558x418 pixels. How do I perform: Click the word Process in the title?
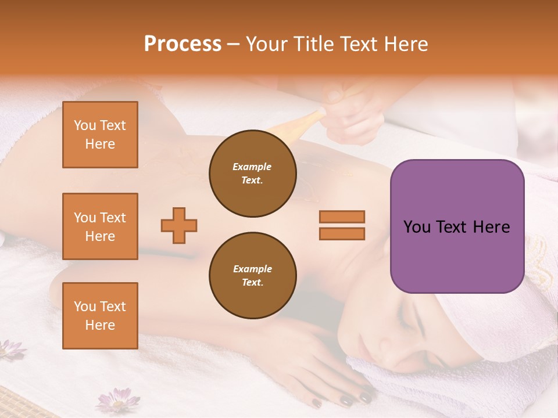[183, 44]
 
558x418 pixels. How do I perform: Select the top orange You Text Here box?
[100, 135]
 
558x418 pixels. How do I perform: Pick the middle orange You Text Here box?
[100, 226]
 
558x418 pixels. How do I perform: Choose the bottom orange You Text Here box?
[100, 316]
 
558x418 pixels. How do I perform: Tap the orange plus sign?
[179, 225]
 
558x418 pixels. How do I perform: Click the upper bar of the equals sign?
[342, 217]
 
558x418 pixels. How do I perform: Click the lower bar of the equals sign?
[342, 233]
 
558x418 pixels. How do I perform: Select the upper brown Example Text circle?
[252, 174]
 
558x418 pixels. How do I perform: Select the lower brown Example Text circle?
[252, 276]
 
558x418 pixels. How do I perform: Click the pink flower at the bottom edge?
[117, 401]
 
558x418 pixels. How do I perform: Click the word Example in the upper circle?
[252, 167]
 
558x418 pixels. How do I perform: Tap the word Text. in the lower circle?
[252, 283]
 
